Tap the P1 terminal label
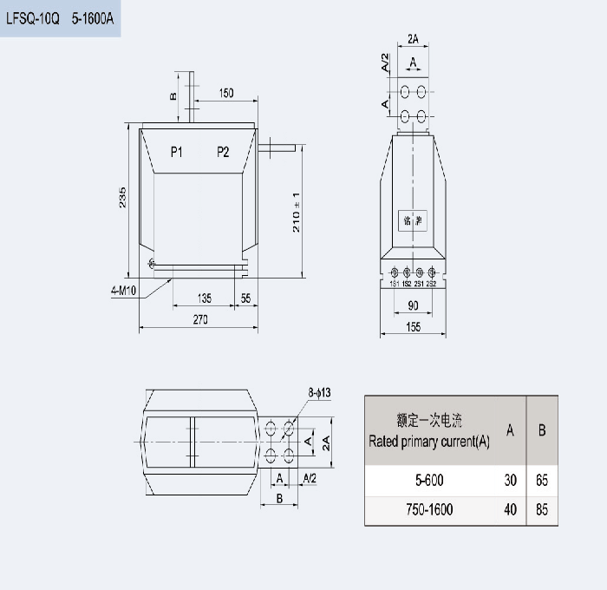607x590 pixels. (176, 153)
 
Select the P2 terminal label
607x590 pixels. (223, 153)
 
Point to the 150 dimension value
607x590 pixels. (225, 92)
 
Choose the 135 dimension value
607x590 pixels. (204, 298)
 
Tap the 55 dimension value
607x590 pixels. (245, 298)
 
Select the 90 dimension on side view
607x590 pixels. (412, 305)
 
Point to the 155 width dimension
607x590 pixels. (412, 326)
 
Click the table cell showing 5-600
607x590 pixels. (429, 480)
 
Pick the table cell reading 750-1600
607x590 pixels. (429, 509)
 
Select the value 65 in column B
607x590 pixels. (542, 480)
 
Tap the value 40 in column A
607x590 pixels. (510, 509)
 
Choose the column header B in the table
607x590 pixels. (542, 429)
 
